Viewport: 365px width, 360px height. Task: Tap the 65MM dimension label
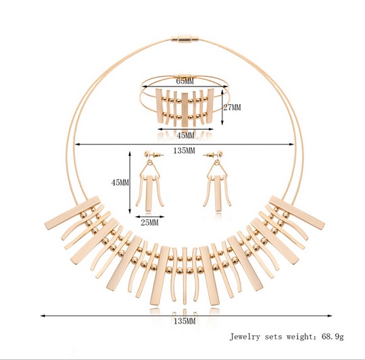[x=185, y=81]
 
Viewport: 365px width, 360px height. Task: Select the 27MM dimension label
[x=232, y=107]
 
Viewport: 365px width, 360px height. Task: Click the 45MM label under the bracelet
[x=185, y=135]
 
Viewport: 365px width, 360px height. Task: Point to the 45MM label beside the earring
[x=120, y=183]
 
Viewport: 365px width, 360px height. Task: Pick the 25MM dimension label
[x=149, y=223]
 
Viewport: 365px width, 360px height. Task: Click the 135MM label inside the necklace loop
[x=184, y=151]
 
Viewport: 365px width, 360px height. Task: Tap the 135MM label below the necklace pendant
[x=185, y=322]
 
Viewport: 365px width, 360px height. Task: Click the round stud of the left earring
[x=148, y=154]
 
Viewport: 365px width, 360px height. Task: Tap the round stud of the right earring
[x=220, y=154]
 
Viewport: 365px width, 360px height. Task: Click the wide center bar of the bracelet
[x=185, y=110]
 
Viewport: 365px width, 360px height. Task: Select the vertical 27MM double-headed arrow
[x=222, y=107]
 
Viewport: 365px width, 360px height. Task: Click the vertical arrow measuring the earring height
[x=130, y=182]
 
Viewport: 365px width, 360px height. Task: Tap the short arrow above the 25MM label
[x=149, y=217]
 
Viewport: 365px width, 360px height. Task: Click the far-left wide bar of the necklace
[x=72, y=213]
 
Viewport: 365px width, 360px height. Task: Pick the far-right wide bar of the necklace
[x=297, y=212]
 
